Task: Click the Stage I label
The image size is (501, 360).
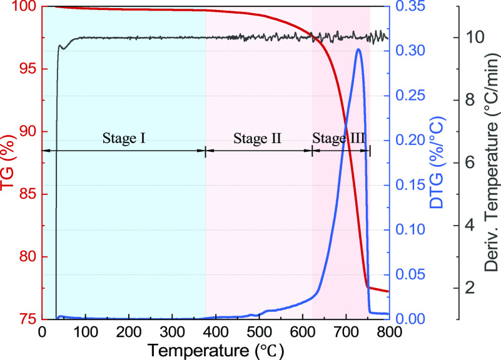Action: pos(124,138)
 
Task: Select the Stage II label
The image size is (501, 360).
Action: pos(258,138)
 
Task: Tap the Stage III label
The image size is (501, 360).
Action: pos(338,138)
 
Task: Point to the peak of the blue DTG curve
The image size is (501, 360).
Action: pos(358,49)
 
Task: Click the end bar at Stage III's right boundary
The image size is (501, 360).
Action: pos(370,150)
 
